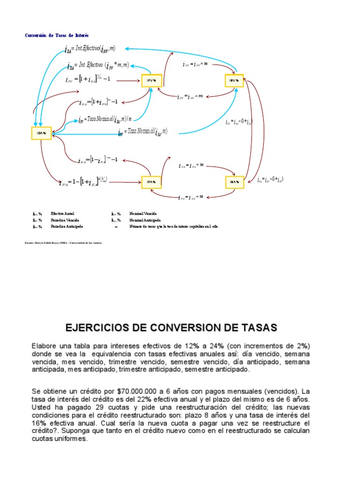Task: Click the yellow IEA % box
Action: coord(41,133)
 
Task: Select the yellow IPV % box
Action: coord(151,81)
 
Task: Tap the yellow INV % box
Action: coord(234,81)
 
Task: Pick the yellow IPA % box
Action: coord(151,182)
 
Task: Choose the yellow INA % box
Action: coord(234,182)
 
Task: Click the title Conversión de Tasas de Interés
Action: coord(56,35)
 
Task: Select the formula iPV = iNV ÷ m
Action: coord(190,97)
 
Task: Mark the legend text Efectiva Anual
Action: coord(62,213)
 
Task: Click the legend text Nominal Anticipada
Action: coord(145,219)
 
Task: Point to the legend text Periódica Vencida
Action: coord(65,219)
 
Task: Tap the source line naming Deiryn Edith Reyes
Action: coord(63,243)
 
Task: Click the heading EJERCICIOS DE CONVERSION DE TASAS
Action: coord(171,327)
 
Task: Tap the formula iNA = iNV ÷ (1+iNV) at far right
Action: coord(270,180)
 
